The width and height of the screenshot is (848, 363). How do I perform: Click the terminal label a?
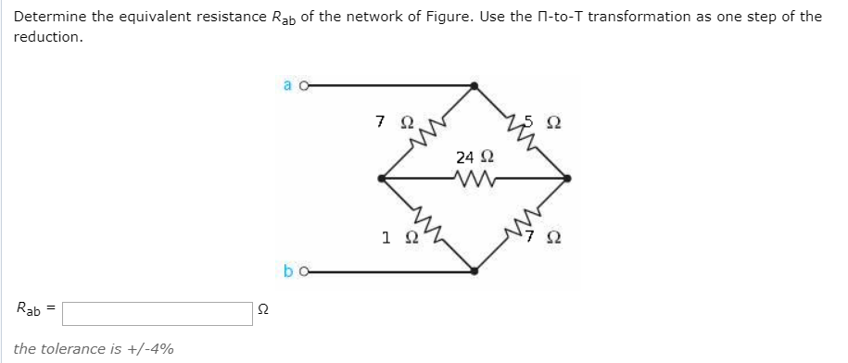tap(285, 84)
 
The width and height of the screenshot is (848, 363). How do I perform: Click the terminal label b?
tap(285, 271)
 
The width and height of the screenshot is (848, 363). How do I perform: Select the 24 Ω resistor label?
tap(474, 157)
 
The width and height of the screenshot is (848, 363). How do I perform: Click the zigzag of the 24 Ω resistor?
tap(473, 177)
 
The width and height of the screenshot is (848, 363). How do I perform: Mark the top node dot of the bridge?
tap(475, 85)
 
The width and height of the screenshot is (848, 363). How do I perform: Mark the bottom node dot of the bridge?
tap(475, 271)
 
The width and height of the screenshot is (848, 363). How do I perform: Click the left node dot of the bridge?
tap(382, 178)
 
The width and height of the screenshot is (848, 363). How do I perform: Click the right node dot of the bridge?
tap(567, 178)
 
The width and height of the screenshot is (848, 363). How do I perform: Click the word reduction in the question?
tap(47, 38)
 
